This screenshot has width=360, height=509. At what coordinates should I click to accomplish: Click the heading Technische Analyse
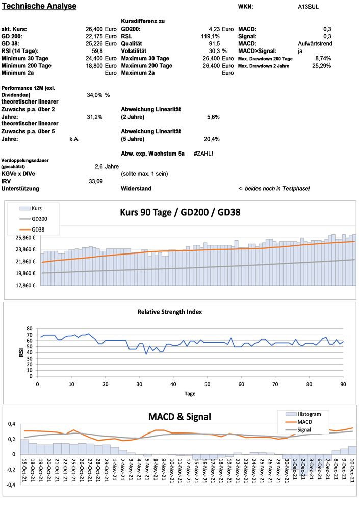(x=39, y=7)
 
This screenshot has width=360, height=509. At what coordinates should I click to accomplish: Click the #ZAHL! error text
(x=203, y=153)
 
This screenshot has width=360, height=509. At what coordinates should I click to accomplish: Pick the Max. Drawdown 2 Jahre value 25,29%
(x=322, y=66)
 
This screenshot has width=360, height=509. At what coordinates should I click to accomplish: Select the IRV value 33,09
(x=96, y=181)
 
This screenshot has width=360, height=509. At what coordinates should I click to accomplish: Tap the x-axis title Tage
(x=189, y=393)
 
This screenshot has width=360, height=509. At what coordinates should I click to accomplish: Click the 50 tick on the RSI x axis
(x=207, y=384)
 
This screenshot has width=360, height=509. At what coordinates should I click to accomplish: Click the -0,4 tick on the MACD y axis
(x=11, y=485)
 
